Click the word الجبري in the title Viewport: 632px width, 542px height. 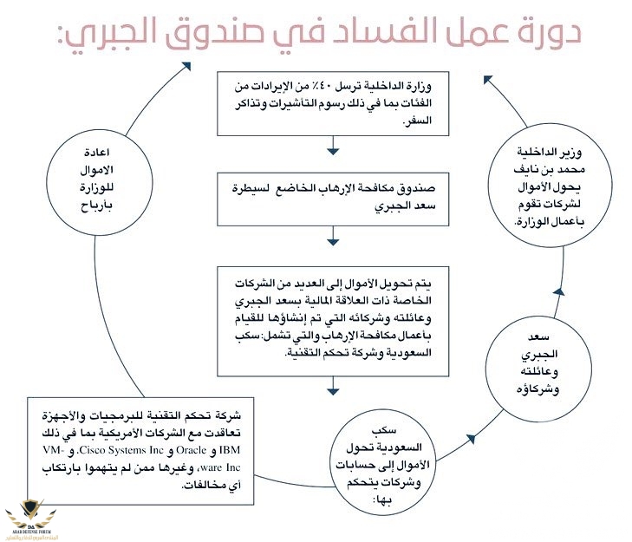[94, 33]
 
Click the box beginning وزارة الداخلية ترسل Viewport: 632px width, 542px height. [333, 102]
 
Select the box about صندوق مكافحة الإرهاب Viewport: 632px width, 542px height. [333, 199]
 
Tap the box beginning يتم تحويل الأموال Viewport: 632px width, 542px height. [333, 321]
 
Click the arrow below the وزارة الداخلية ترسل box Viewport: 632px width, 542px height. [333, 153]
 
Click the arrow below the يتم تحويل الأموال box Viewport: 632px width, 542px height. [333, 392]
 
